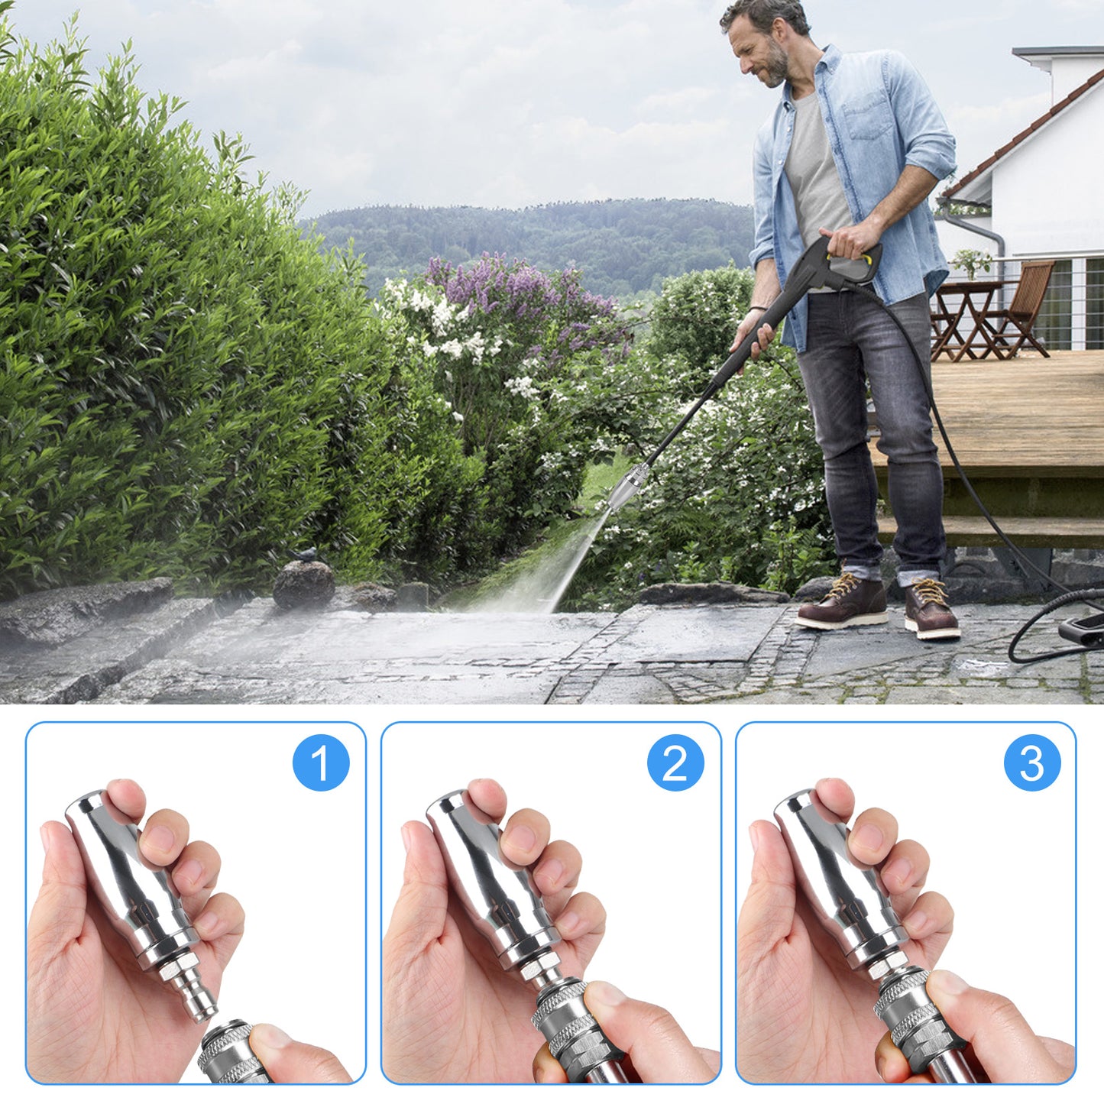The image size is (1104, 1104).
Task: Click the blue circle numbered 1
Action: tap(321, 762)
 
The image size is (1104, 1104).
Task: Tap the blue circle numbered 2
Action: tap(675, 762)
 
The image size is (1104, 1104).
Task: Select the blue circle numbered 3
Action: tap(1032, 762)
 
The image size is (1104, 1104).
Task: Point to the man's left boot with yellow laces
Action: tap(931, 608)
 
